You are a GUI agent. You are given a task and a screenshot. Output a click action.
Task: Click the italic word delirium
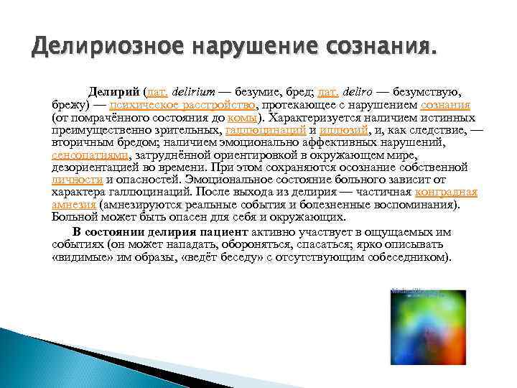pyautogui.click(x=194, y=92)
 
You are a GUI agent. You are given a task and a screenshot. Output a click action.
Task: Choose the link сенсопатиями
pyautogui.click(x=90, y=155)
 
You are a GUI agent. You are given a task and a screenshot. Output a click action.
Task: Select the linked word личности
pyautogui.click(x=77, y=180)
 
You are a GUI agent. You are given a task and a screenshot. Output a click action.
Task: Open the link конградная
pyautogui.click(x=446, y=192)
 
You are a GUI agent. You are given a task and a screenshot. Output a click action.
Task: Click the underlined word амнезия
pyautogui.click(x=75, y=204)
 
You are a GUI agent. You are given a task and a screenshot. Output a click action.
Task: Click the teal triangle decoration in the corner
pyautogui.click(x=29, y=359)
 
